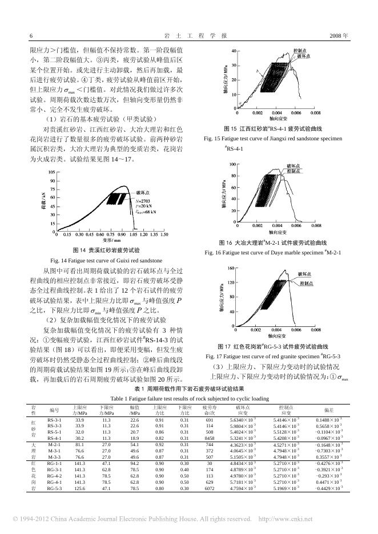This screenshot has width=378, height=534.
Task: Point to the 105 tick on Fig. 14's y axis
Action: [x=51, y=172]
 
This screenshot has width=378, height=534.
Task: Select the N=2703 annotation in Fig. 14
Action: [x=143, y=201]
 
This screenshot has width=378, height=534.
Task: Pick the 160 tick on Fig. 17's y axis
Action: [x=232, y=268]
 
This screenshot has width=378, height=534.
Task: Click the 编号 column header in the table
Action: [x=55, y=409]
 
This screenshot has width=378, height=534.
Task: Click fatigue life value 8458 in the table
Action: [x=210, y=438]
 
